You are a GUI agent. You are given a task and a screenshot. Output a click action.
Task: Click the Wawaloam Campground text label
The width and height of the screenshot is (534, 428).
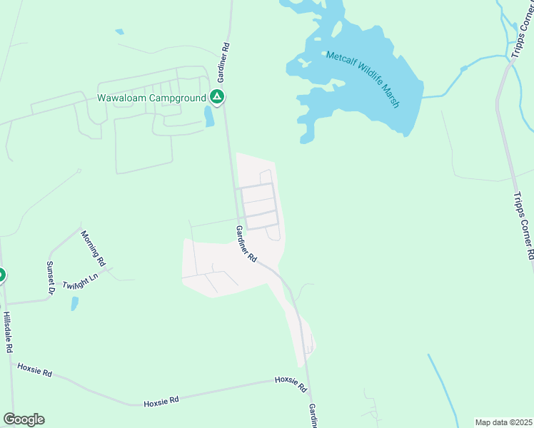tap(151, 97)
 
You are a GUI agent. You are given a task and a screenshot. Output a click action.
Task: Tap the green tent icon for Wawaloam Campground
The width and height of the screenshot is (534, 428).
tap(217, 97)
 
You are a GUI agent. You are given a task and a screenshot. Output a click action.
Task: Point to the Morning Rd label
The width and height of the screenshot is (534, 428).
tap(94, 247)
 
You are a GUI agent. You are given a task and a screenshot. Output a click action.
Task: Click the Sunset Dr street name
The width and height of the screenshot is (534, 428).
tap(51, 277)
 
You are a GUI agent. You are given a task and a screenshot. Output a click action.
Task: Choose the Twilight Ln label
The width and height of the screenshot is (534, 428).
tap(79, 282)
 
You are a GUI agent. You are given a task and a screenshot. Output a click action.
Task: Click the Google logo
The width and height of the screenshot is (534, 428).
tap(24, 419)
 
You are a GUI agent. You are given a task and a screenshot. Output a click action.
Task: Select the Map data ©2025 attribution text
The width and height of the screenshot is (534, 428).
tap(504, 422)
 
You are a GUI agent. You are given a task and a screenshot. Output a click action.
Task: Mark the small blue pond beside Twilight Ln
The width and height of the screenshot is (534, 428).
tap(75, 303)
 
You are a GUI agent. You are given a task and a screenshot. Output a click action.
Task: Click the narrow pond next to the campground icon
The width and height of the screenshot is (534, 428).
tap(209, 116)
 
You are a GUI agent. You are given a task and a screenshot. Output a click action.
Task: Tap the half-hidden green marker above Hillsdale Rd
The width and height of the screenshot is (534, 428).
tap(1, 275)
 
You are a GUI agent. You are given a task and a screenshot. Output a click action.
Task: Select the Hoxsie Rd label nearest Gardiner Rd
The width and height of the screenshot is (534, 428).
tap(291, 384)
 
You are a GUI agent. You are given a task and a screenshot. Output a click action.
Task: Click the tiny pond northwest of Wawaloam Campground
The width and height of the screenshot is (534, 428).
tap(119, 32)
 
